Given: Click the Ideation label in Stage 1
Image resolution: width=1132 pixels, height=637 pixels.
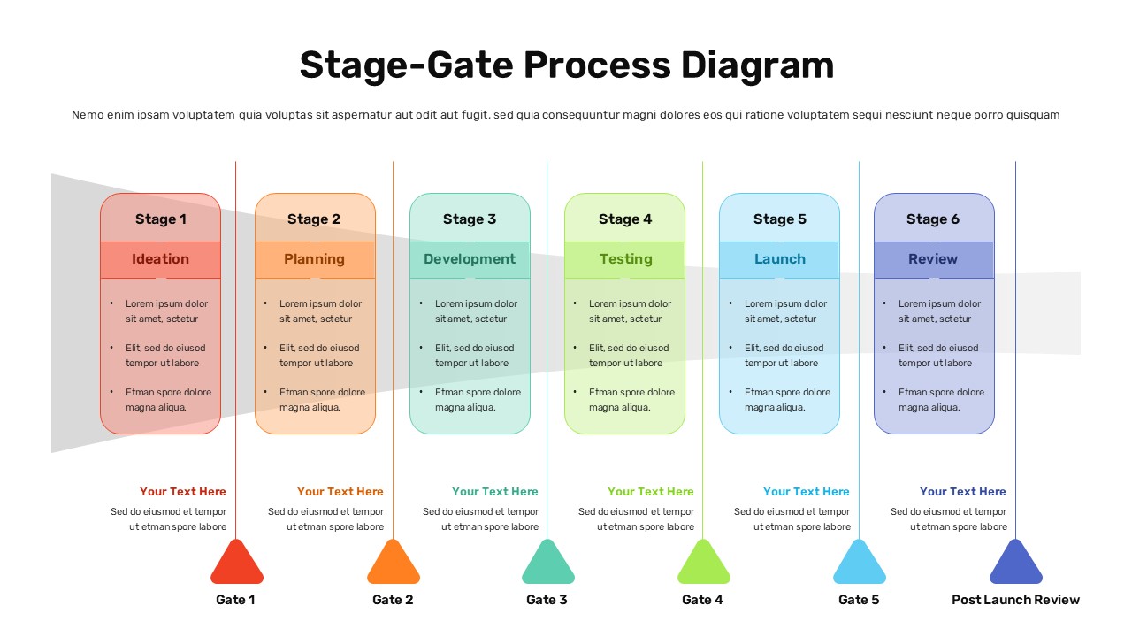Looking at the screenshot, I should point(160,259).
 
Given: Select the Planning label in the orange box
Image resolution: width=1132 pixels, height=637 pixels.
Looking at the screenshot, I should point(314,259).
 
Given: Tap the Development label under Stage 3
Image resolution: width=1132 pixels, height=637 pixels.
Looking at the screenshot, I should point(470,259).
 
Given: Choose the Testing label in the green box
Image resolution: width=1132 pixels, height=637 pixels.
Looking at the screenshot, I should point(625,259).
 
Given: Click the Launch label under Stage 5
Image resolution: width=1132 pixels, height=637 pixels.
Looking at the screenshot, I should point(779,259).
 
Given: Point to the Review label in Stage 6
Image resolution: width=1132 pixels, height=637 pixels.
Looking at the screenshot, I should point(933,259).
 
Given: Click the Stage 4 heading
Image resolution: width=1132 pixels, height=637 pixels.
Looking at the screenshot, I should point(625,219).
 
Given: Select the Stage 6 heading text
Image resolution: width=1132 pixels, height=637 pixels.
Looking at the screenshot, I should point(933,219).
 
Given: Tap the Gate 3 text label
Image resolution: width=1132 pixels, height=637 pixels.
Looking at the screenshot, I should point(547,600).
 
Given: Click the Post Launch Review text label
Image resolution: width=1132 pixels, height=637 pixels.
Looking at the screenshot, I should point(1015,600).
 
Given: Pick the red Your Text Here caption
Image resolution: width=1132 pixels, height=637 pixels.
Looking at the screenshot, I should point(183,492).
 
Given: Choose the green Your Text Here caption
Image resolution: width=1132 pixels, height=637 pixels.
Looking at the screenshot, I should point(651,492).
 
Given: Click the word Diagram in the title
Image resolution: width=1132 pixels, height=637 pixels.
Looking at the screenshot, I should point(757,66).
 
